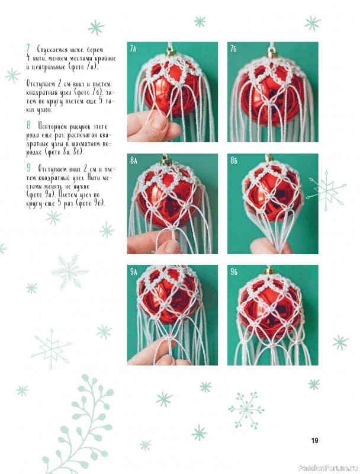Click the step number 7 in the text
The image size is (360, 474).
click(28, 49)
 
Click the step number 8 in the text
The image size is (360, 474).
click(28, 125)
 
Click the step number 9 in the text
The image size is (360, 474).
click(28, 168)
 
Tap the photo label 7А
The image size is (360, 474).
click(133, 49)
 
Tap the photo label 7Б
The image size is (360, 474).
click(233, 49)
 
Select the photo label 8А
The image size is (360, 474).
click(133, 160)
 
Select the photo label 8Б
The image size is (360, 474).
click(234, 160)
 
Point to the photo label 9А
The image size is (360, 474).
click(133, 272)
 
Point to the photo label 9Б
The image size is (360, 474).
click(234, 272)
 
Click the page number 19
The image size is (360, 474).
click(314, 440)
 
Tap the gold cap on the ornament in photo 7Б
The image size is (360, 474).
click(272, 54)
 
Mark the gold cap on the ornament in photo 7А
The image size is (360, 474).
click(171, 53)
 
